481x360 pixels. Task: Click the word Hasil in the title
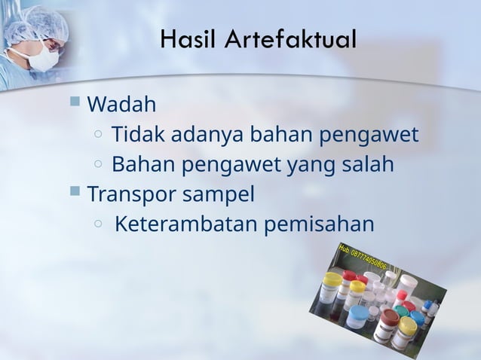184,38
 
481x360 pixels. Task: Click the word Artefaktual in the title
290,38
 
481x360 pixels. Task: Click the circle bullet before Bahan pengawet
99,164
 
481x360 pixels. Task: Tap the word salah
366,163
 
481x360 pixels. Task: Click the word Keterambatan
188,224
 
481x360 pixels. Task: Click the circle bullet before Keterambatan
99,224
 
